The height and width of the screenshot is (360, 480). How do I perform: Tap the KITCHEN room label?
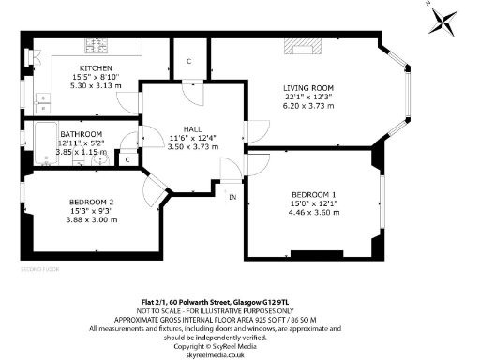coord(96,68)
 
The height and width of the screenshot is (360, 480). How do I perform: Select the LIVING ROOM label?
coord(308,89)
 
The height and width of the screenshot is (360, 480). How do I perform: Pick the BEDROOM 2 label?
coord(92,202)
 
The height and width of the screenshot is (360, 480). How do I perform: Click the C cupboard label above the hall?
coord(188,62)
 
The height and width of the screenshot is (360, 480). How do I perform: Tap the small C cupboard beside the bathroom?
coord(127,159)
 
